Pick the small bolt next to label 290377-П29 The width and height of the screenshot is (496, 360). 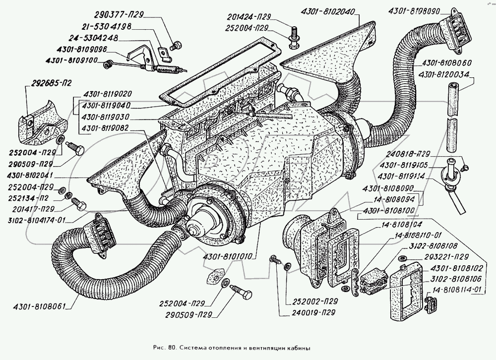pos(174,46)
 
